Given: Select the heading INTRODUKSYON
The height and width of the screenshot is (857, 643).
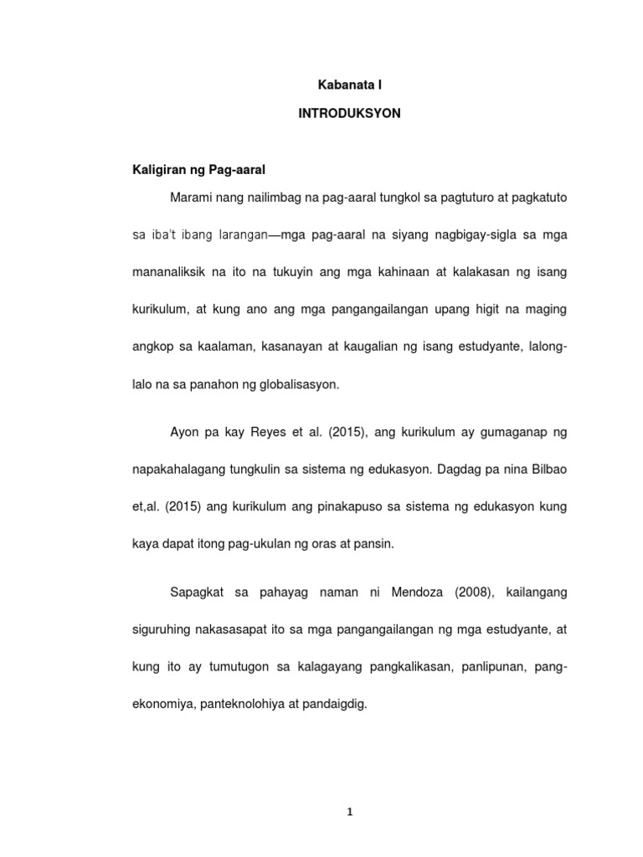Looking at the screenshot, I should tap(350, 114).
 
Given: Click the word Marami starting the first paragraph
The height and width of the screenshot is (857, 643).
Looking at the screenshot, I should tap(190, 199).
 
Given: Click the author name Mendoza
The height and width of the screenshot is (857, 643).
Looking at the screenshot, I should tap(404, 593).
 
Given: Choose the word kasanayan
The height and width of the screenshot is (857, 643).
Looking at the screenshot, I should tap(300, 346).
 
